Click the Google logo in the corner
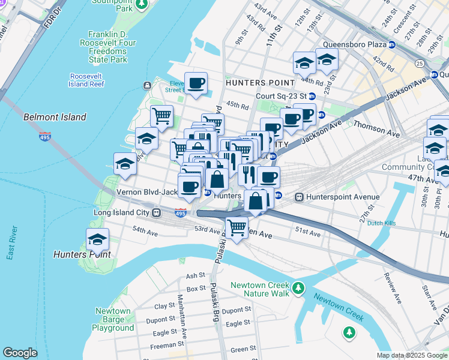(x=20, y=353)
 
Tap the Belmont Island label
(x=55, y=117)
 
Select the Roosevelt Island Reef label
(x=87, y=80)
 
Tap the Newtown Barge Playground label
(x=113, y=320)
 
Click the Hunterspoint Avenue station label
(x=342, y=197)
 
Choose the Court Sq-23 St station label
(x=281, y=96)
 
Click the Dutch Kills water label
(x=384, y=223)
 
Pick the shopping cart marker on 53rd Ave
(x=237, y=227)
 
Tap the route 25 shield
(x=418, y=63)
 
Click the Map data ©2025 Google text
(x=412, y=355)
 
